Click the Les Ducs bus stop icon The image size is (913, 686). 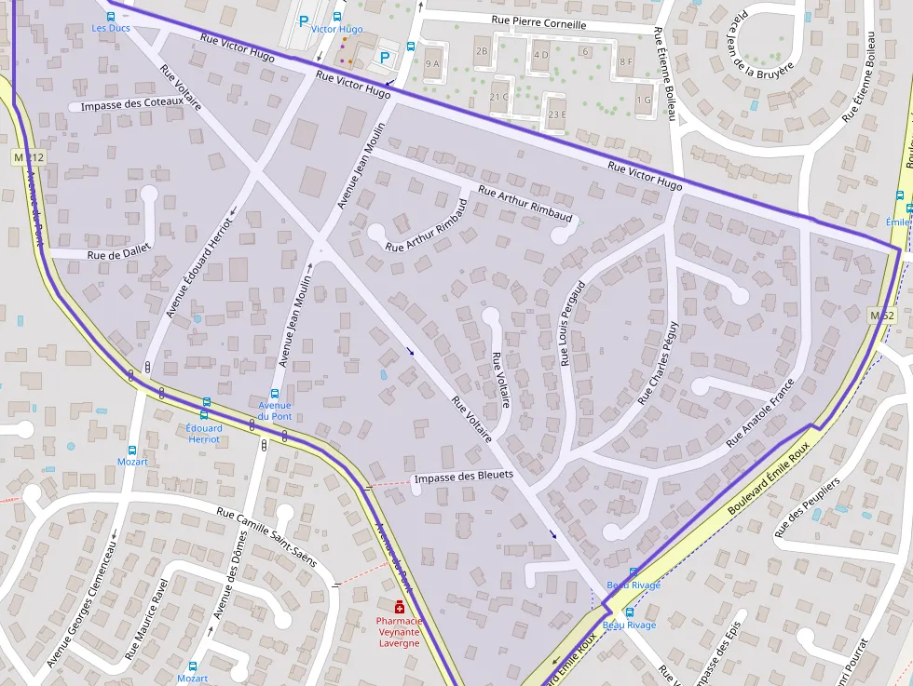pos(111,16)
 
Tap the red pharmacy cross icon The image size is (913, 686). pos(399,608)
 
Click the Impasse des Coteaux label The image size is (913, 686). pos(131,104)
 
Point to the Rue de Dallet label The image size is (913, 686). pos(119,254)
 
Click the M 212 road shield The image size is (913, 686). pos(30,158)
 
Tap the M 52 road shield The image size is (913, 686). pos(881,316)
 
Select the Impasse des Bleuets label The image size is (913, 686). pos(463,476)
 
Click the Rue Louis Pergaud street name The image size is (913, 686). pos(572,322)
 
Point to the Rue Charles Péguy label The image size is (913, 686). pos(659,362)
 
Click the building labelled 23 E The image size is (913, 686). pos(557,114)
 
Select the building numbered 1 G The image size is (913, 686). pos(644,100)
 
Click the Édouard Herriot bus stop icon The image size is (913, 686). pos(204,415)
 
